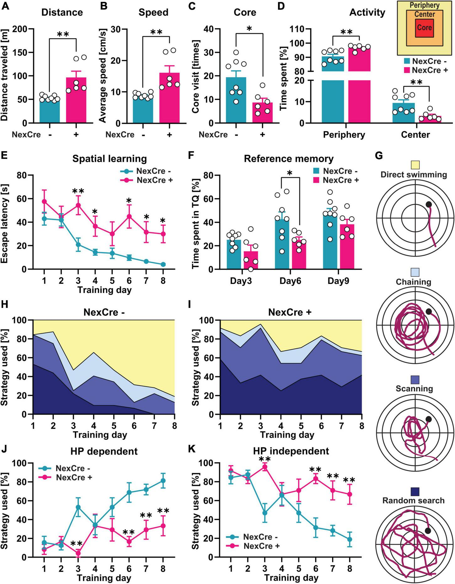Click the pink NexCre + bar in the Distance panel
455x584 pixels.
(x=76, y=100)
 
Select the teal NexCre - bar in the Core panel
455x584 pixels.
(x=236, y=100)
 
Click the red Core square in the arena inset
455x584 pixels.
(x=424, y=28)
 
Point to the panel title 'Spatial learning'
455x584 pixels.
(x=110, y=159)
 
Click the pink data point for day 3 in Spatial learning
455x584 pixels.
(x=78, y=206)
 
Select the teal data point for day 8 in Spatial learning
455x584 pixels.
(x=163, y=264)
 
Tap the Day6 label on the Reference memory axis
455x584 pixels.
(x=290, y=281)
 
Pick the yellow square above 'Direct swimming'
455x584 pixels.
(x=415, y=165)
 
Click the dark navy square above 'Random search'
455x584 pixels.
(x=415, y=491)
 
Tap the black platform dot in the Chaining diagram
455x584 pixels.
(x=429, y=312)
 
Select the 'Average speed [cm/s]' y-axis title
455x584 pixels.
(x=103, y=75)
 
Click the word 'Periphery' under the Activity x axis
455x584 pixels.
(x=344, y=135)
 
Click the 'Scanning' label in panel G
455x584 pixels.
(x=414, y=389)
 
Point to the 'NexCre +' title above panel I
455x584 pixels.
(x=290, y=313)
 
